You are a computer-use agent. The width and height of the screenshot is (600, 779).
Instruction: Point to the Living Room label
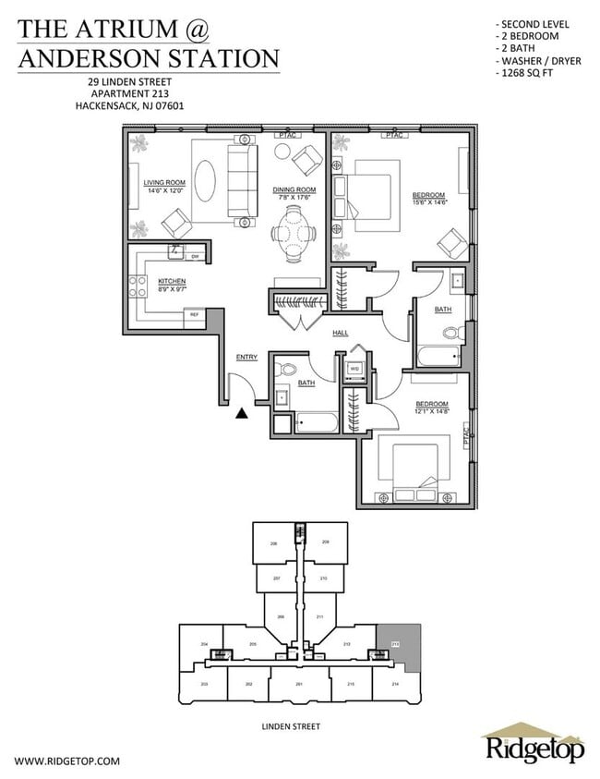[x=164, y=183]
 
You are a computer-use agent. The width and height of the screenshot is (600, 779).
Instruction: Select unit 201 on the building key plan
[x=299, y=684]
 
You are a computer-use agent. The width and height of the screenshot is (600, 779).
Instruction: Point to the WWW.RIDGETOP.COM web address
[x=68, y=761]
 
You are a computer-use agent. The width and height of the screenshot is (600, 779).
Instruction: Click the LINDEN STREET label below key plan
[x=291, y=727]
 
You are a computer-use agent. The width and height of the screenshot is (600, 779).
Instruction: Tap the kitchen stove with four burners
[x=138, y=285]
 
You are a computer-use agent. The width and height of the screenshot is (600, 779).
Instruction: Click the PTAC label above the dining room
[x=286, y=136]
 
